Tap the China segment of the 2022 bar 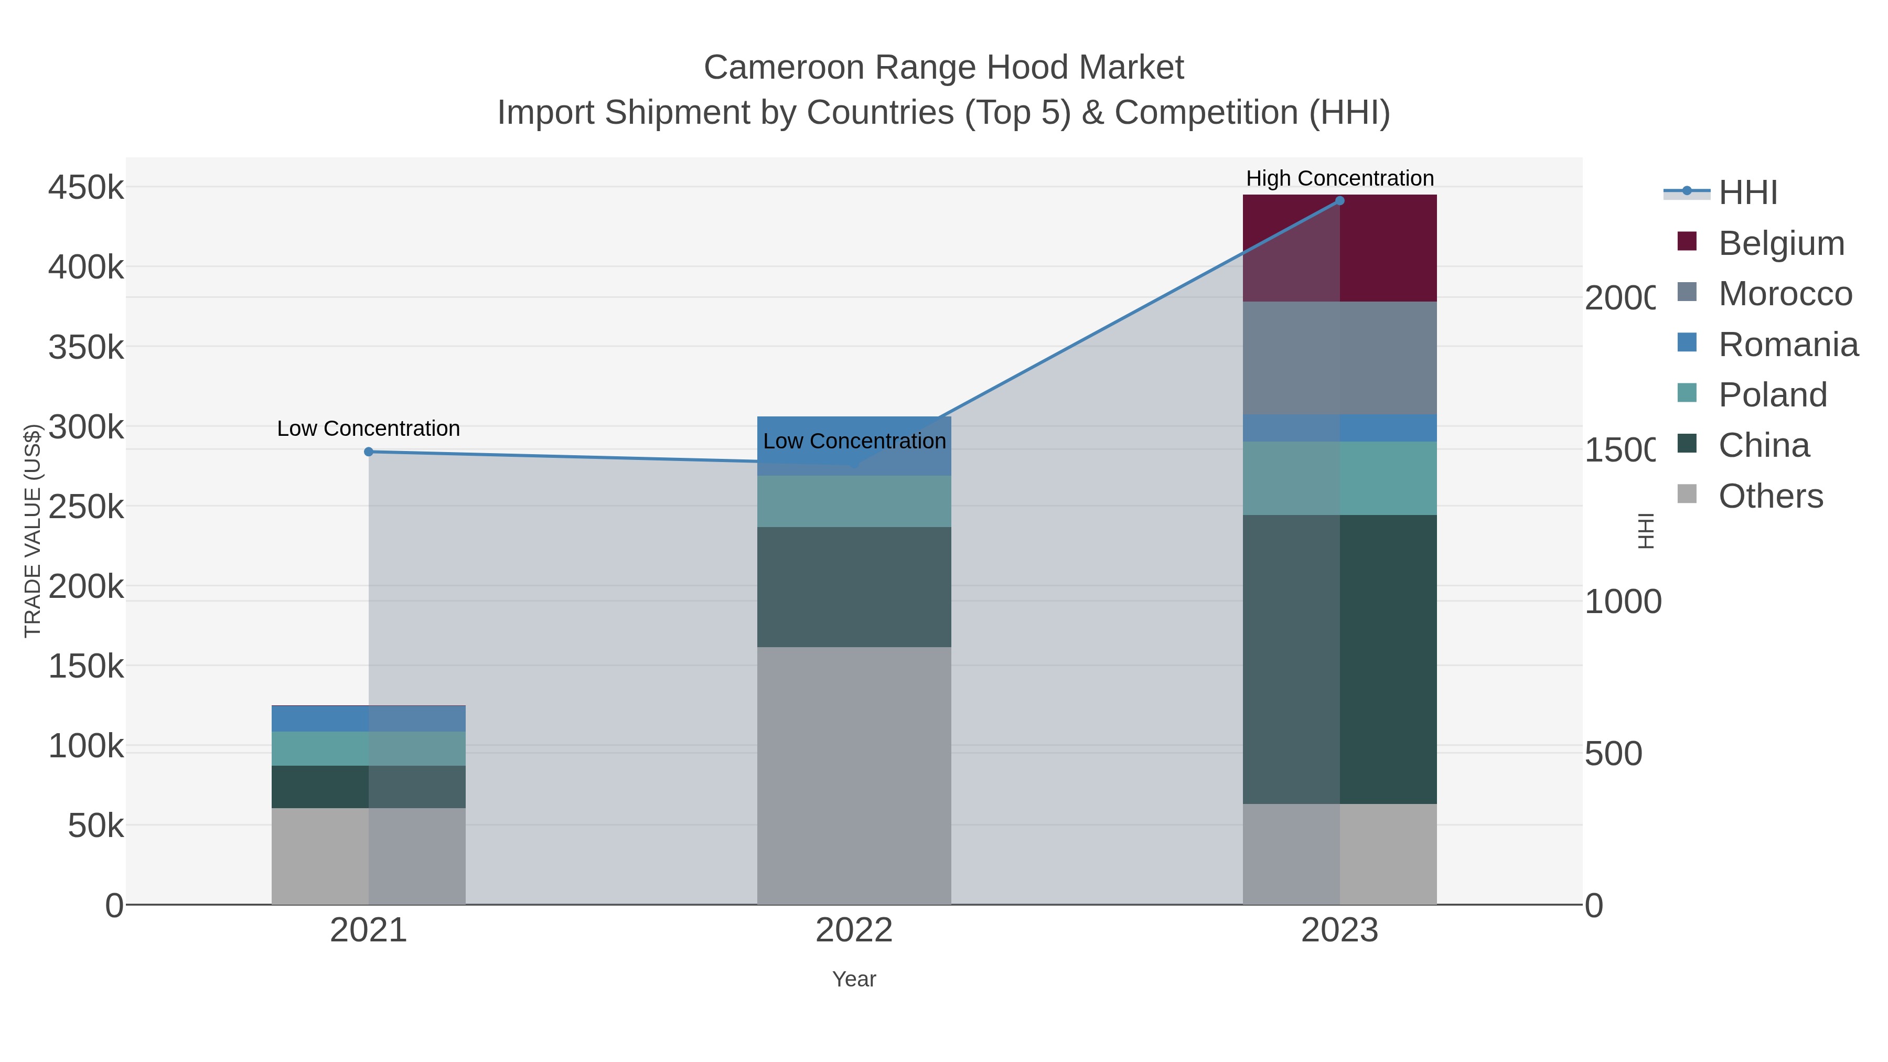(x=854, y=586)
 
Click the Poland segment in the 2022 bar (x=854, y=501)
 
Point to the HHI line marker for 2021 (x=369, y=452)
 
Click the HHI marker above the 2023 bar (x=1340, y=201)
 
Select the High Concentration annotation (x=1340, y=178)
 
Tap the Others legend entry (x=1769, y=496)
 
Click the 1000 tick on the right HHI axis (x=1623, y=602)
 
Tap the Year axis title (x=854, y=979)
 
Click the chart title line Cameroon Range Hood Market (x=943, y=68)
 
